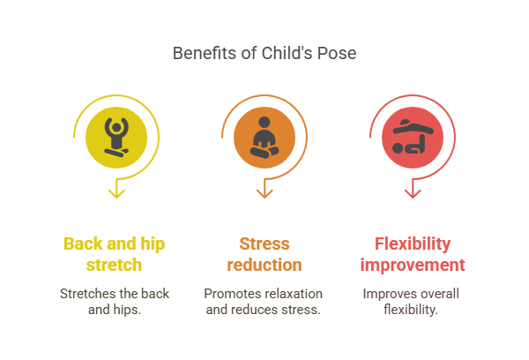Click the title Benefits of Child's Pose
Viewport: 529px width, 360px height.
coord(264,54)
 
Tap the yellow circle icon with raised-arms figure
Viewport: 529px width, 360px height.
coord(115,138)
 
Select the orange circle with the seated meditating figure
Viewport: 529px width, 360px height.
coord(264,138)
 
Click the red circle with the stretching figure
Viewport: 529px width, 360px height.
coord(412,138)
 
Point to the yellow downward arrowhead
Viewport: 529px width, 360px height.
coord(115,190)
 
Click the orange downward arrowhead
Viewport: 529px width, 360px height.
coord(264,190)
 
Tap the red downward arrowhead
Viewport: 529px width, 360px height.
coord(412,190)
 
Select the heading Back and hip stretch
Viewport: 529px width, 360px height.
coord(115,254)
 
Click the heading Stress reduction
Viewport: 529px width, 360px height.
coord(264,254)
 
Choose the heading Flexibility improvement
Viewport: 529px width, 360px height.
coord(413,254)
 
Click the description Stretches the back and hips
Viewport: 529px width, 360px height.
coord(115,301)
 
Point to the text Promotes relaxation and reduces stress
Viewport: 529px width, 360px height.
coord(264,301)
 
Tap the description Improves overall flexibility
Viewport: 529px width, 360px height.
coord(413,301)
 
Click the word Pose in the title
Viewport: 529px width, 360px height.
coord(338,54)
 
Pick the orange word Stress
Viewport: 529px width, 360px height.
coord(264,244)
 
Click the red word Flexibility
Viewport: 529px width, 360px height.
coord(413,244)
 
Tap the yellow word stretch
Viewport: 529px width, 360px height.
coord(115,265)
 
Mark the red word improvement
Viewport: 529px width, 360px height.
coord(413,265)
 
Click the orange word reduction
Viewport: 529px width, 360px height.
coord(264,265)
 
